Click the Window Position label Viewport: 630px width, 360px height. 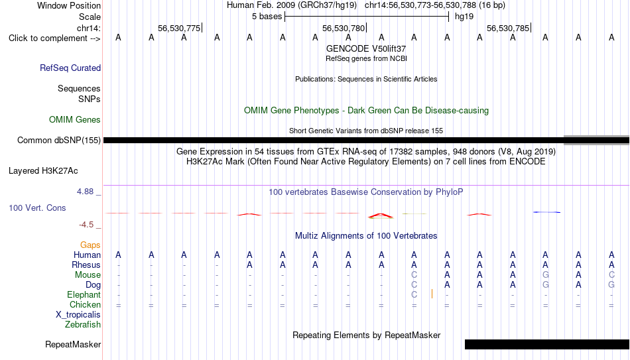click(69, 5)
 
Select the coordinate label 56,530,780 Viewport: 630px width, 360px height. click(343, 28)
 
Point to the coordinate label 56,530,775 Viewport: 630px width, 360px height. click(179, 28)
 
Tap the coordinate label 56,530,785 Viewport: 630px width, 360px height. click(508, 28)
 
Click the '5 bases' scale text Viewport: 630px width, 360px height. click(267, 17)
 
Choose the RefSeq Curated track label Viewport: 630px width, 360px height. click(70, 68)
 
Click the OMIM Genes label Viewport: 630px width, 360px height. click(75, 120)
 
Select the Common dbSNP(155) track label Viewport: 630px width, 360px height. click(59, 141)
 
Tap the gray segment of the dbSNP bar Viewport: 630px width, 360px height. click(597, 140)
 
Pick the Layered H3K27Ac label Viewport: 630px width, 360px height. click(43, 171)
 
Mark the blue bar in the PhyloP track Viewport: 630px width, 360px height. click(546, 211)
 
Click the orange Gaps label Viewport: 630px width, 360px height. click(90, 245)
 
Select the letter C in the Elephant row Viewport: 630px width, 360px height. click(414, 294)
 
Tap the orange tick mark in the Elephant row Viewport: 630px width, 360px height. click(432, 294)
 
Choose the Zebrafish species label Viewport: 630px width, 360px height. click(83, 325)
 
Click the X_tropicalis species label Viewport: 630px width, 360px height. click(78, 315)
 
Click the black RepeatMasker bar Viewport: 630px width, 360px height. click(547, 344)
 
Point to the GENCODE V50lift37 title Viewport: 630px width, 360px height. click(366, 48)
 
